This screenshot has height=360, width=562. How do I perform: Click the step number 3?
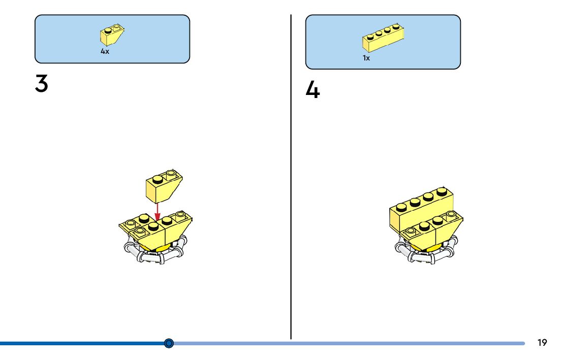click(42, 84)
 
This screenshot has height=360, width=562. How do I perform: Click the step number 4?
click(313, 91)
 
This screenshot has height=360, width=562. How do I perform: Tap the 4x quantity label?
click(105, 52)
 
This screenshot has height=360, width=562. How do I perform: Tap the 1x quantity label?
click(366, 58)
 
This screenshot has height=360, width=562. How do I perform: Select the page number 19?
click(542, 343)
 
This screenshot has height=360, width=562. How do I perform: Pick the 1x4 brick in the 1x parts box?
click(384, 39)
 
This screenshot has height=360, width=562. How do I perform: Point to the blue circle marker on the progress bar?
click(170, 343)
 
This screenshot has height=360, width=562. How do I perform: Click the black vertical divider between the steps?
click(291, 178)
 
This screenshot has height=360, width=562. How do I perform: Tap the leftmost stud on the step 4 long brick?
click(401, 207)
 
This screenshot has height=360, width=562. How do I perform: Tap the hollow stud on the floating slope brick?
click(172, 174)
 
